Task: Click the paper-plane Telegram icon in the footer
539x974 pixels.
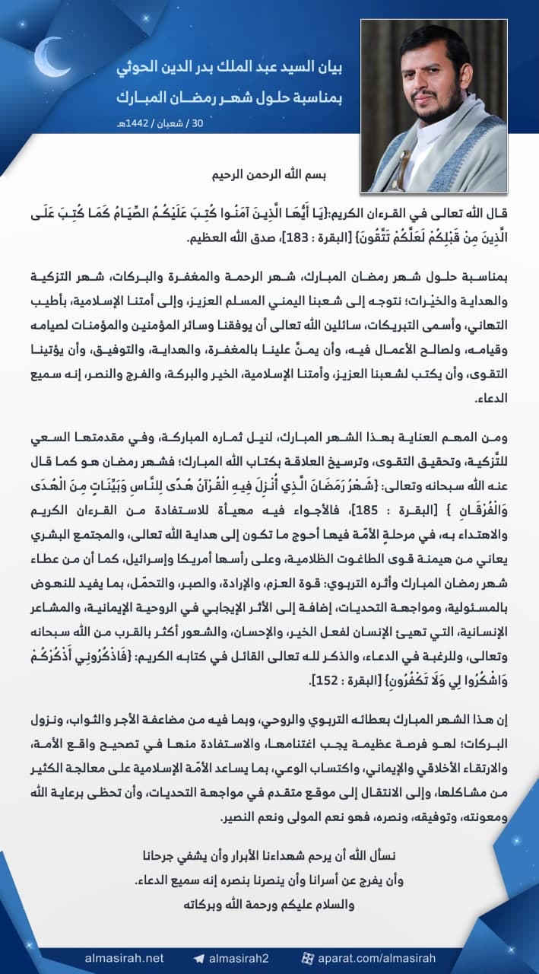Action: click(199, 958)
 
